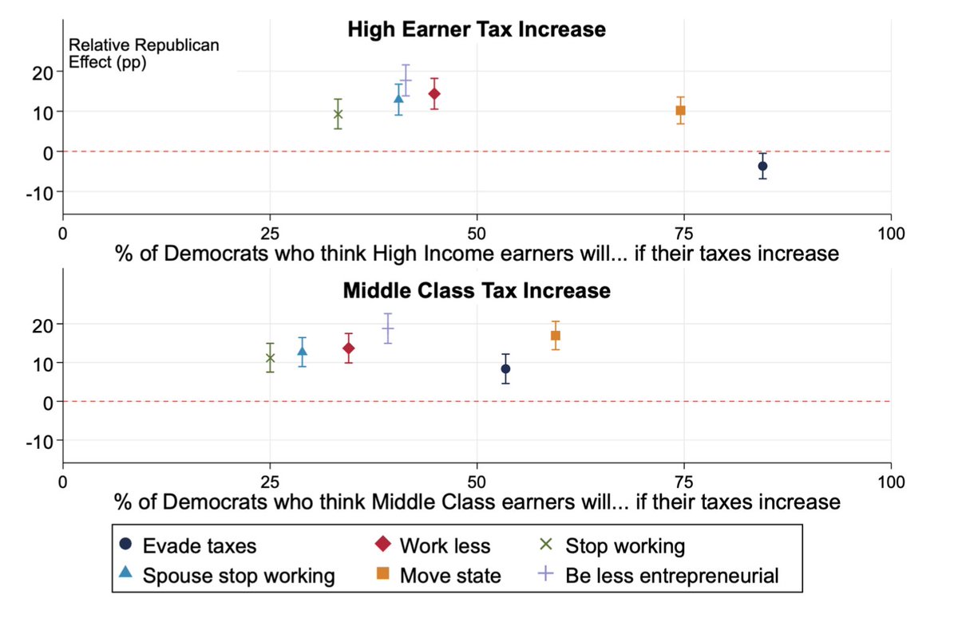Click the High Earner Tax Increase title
click(x=477, y=30)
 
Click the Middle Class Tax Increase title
click(x=477, y=290)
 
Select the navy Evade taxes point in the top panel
click(x=762, y=166)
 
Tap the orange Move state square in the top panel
click(x=680, y=110)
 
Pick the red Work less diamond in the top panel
click(x=434, y=94)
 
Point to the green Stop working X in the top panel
click(x=338, y=114)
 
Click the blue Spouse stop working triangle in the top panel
click(x=398, y=99)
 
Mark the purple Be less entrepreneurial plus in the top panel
click(x=406, y=80)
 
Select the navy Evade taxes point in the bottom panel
click(x=505, y=368)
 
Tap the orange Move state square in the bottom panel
click(x=555, y=336)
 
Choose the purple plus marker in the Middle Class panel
click(x=388, y=328)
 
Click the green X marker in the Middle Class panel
click(x=270, y=358)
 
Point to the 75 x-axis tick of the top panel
click(x=684, y=234)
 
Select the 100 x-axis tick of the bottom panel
click(x=890, y=482)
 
